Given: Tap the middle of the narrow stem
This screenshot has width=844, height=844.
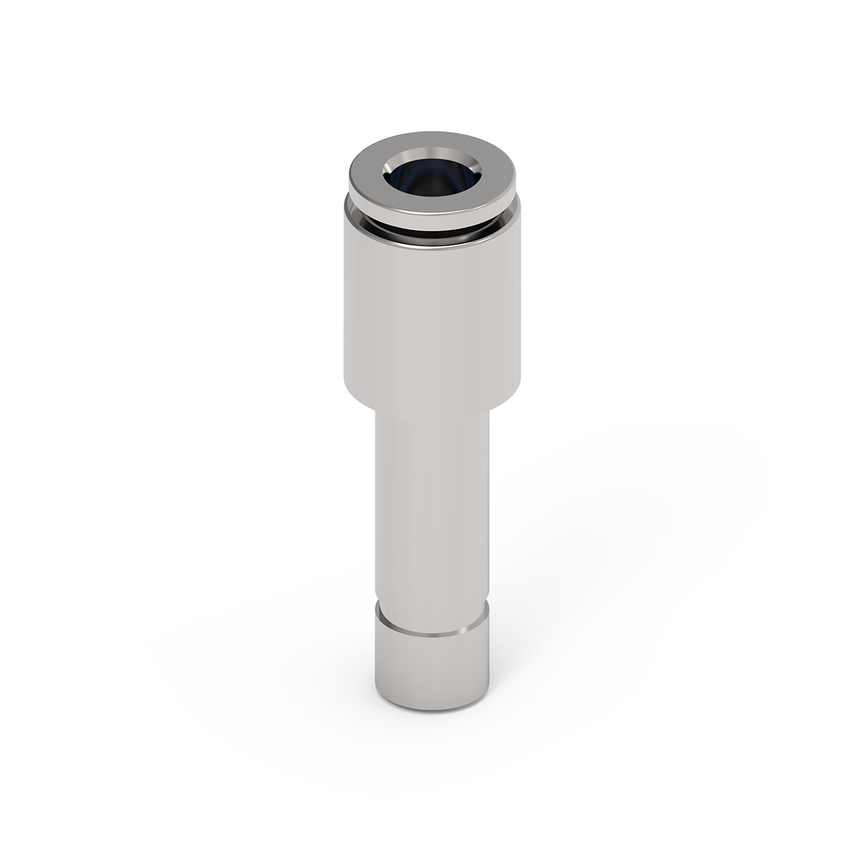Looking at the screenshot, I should coord(432,506).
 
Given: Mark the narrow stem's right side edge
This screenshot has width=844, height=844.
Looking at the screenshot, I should coord(487,506).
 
